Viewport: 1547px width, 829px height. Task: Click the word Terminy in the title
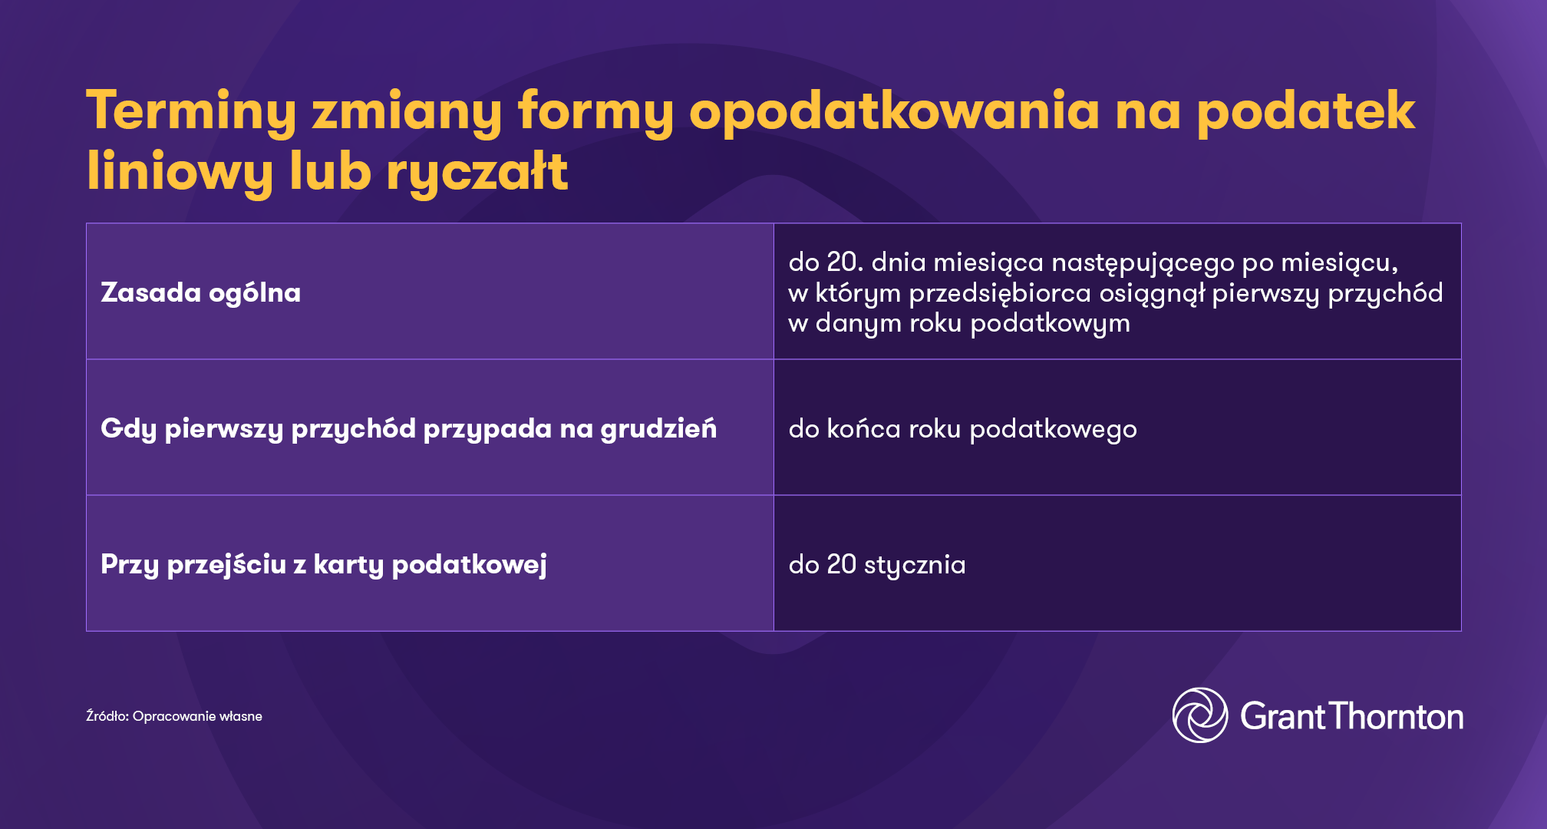pos(190,111)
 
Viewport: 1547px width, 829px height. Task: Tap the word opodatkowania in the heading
pos(894,111)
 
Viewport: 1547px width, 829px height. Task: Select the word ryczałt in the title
pos(477,172)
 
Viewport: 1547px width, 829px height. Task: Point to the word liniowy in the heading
pos(180,172)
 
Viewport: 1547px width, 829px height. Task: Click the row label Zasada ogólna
pos(200,292)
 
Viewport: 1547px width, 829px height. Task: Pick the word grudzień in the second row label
pos(658,428)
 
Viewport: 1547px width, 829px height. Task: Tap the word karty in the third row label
pos(348,564)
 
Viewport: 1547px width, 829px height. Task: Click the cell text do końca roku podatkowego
pos(962,428)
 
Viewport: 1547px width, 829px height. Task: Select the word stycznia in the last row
pos(915,565)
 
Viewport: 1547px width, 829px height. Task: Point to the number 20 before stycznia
pos(841,564)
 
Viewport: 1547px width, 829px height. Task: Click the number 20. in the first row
pos(845,263)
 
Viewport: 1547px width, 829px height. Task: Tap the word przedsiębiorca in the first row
pos(999,293)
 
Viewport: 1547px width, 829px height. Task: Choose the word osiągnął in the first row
pos(1152,293)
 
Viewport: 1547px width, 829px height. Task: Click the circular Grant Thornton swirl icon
pos(1199,715)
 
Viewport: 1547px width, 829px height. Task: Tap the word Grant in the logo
pos(1282,716)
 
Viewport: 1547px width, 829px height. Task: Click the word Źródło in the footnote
pos(107,716)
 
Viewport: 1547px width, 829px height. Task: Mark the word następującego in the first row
pos(1143,263)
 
